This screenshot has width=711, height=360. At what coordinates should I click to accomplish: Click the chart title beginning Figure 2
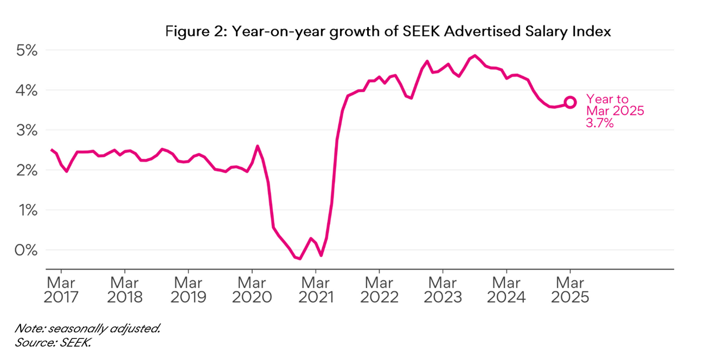click(388, 32)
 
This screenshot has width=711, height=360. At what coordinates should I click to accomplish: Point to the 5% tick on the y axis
click(26, 50)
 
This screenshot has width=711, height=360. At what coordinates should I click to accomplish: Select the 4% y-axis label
click(26, 90)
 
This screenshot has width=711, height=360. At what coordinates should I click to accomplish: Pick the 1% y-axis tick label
click(26, 210)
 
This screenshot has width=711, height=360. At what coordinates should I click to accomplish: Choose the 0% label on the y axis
click(26, 250)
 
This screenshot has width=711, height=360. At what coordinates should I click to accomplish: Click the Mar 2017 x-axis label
click(62, 290)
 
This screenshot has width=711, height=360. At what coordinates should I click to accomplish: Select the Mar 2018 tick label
click(125, 290)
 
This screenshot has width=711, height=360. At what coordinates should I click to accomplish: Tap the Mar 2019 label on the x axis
click(188, 290)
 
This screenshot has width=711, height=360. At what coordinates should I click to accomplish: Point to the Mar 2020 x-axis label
click(252, 290)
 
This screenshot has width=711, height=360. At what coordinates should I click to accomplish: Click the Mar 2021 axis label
click(316, 290)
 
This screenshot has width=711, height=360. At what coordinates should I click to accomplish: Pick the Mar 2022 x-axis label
click(379, 290)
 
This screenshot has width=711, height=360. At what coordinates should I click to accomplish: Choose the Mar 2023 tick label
click(443, 290)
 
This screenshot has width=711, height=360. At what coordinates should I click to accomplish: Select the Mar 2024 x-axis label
click(507, 290)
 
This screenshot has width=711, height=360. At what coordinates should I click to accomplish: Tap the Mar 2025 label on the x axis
click(570, 290)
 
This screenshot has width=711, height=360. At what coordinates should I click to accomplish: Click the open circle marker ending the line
click(570, 102)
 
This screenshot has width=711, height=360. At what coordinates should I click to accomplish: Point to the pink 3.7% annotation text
click(600, 124)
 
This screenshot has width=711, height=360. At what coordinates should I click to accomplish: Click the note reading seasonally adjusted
click(88, 328)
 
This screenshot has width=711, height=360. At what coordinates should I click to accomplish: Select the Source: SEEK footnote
click(53, 342)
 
